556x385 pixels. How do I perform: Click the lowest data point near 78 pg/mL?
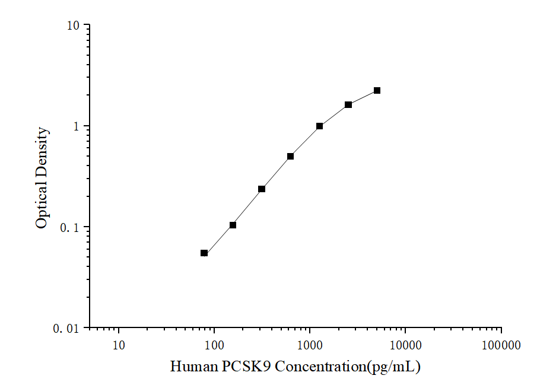[x=204, y=253]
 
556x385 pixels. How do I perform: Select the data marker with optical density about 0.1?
[x=233, y=225]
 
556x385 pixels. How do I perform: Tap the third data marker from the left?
[x=262, y=189]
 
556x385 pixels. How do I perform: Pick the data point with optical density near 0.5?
[x=291, y=157]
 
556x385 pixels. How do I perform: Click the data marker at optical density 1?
[x=320, y=126]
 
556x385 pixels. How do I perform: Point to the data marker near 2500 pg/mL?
[x=348, y=105]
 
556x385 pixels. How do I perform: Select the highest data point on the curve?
[x=377, y=91]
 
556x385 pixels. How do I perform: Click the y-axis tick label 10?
[x=73, y=26]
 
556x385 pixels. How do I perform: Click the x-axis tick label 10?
[x=119, y=345]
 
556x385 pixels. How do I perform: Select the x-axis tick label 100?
[x=214, y=345]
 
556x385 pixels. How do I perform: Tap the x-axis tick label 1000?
[x=310, y=345]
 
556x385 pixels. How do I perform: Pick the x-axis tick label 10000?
[x=405, y=345]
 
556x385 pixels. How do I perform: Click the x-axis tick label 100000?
[x=501, y=345]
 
